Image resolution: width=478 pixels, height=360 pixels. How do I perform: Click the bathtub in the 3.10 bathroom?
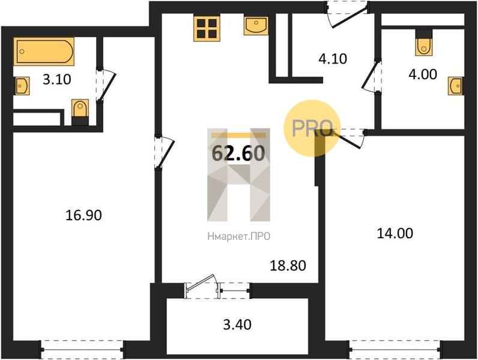[x=44, y=52]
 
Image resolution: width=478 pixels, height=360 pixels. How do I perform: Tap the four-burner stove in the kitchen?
[x=207, y=28]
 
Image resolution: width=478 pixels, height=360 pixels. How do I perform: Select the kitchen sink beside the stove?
[x=256, y=26]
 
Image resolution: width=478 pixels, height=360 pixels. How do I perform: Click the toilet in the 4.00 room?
[x=424, y=43]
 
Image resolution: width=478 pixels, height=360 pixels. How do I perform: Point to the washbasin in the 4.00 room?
[x=456, y=86]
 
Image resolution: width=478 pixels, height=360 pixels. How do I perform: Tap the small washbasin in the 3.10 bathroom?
[x=22, y=86]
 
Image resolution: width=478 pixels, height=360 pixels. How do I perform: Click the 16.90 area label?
[x=84, y=215]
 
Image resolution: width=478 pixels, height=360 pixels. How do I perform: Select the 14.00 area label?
[x=395, y=233]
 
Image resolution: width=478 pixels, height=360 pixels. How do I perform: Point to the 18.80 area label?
[x=288, y=266]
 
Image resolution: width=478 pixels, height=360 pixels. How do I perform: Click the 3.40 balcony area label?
[x=237, y=325]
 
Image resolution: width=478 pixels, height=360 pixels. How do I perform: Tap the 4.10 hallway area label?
[x=333, y=58]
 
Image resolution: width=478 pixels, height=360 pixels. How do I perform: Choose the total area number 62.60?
[x=238, y=153]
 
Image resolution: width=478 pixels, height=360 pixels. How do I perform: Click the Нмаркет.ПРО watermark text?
[x=238, y=236]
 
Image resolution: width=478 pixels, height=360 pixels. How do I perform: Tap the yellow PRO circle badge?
[x=312, y=128]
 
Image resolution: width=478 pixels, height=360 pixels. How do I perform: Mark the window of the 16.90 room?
[x=82, y=350]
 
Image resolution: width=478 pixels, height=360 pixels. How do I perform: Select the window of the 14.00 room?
[x=395, y=350]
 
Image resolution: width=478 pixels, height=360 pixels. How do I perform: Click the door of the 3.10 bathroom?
[x=105, y=85]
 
